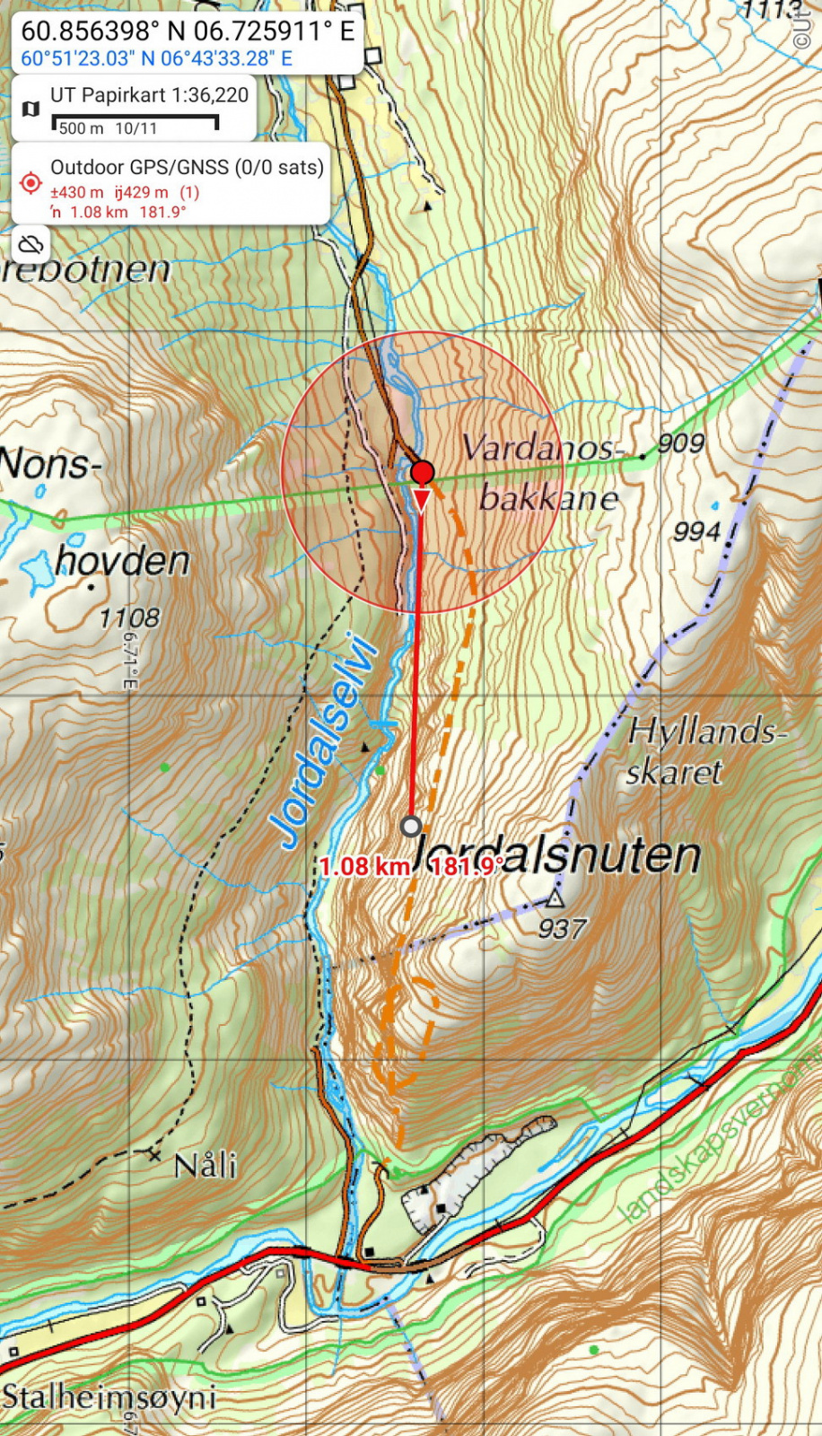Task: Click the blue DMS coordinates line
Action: (x=157, y=59)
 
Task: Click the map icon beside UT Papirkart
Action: (x=31, y=109)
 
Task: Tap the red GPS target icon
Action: (x=31, y=183)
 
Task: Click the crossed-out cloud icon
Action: (x=31, y=244)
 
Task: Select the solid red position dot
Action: (x=422, y=472)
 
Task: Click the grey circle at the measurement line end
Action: (x=411, y=826)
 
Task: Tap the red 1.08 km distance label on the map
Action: (x=364, y=866)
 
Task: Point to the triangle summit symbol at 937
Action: (x=556, y=897)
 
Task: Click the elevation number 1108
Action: (x=129, y=617)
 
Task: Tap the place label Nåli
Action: (x=205, y=1166)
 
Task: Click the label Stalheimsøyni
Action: (x=109, y=1397)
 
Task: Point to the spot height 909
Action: (x=681, y=442)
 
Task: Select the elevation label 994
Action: (x=697, y=531)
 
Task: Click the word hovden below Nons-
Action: (x=123, y=562)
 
